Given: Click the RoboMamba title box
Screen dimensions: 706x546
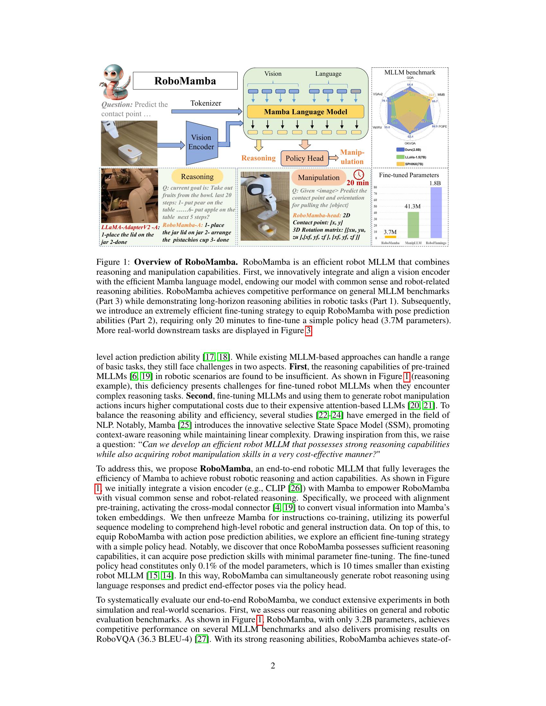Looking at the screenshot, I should coord(185,81).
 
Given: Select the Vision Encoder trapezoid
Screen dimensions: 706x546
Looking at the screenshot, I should coord(201,142).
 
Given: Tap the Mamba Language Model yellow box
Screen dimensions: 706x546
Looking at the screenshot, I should coord(305,112).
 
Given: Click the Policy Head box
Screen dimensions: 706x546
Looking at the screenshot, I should coord(304,158).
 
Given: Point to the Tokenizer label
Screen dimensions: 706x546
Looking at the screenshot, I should coord(206,103).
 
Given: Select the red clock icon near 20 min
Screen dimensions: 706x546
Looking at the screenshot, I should coord(359,175).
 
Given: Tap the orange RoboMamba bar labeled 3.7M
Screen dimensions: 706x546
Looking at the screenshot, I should coord(390,237).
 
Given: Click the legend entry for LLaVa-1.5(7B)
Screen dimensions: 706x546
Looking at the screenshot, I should coord(411,157).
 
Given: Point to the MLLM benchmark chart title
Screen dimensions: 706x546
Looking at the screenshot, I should coord(409,73).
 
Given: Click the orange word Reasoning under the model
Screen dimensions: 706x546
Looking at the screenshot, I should coord(258,158).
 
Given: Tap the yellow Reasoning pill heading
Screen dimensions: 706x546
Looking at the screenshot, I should coord(197,176).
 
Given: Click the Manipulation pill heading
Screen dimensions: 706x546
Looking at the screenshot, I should coord(318,177).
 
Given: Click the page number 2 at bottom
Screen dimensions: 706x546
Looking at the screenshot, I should coord(273,666).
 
